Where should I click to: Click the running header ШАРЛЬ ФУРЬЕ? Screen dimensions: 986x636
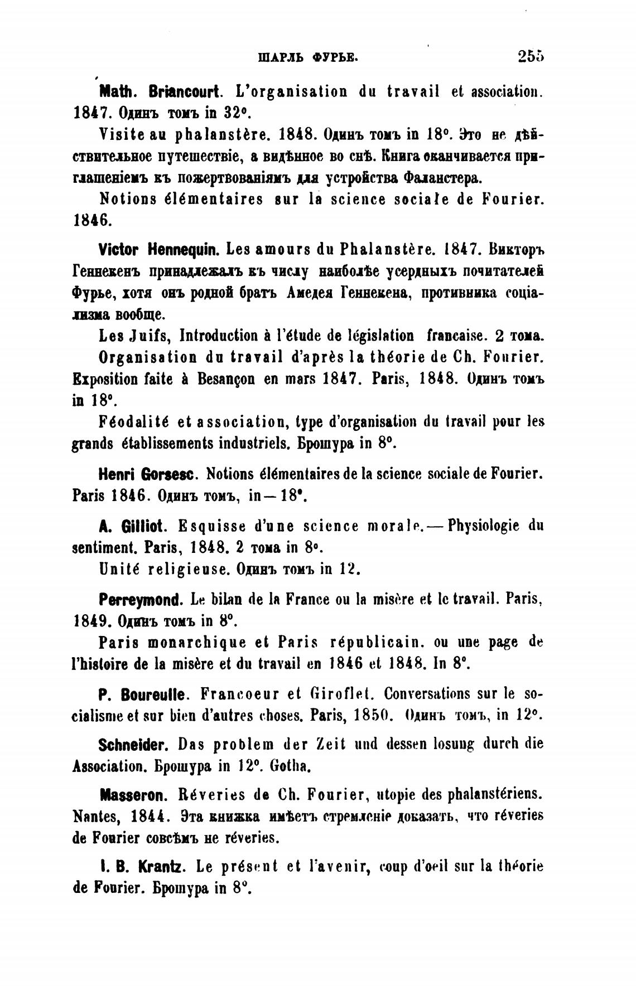point(307,56)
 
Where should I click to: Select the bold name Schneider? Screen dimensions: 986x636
point(133,745)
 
